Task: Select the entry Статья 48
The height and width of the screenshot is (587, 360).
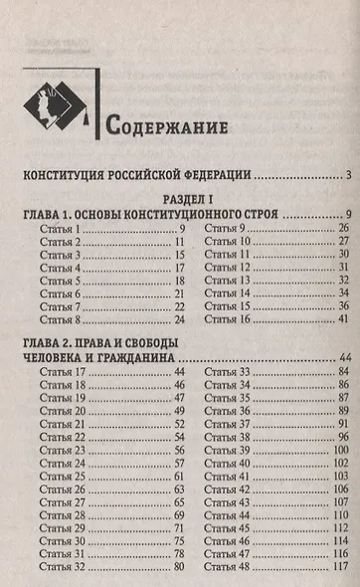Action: [x=230, y=566]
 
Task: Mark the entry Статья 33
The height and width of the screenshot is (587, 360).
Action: [x=230, y=372]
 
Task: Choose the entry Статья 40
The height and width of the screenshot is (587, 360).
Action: [x=230, y=463]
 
